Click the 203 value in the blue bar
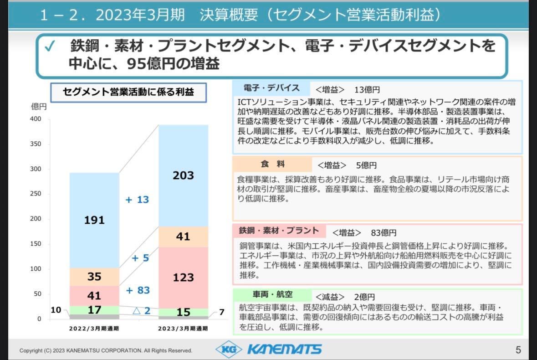point(183,175)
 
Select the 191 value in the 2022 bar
point(94,220)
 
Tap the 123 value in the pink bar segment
point(183,277)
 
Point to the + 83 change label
point(138,290)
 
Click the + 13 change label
point(137,200)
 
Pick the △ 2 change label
point(141,311)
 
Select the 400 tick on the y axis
point(36,119)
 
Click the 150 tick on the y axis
point(36,244)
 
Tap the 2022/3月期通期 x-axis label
point(94,328)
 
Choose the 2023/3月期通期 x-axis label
point(183,328)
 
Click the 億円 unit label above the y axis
point(39,107)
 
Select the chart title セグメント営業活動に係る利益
point(128,92)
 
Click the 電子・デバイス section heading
point(271,88)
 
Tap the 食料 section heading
point(272,164)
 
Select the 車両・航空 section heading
point(272,295)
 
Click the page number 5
point(518,350)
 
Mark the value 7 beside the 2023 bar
point(222,312)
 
